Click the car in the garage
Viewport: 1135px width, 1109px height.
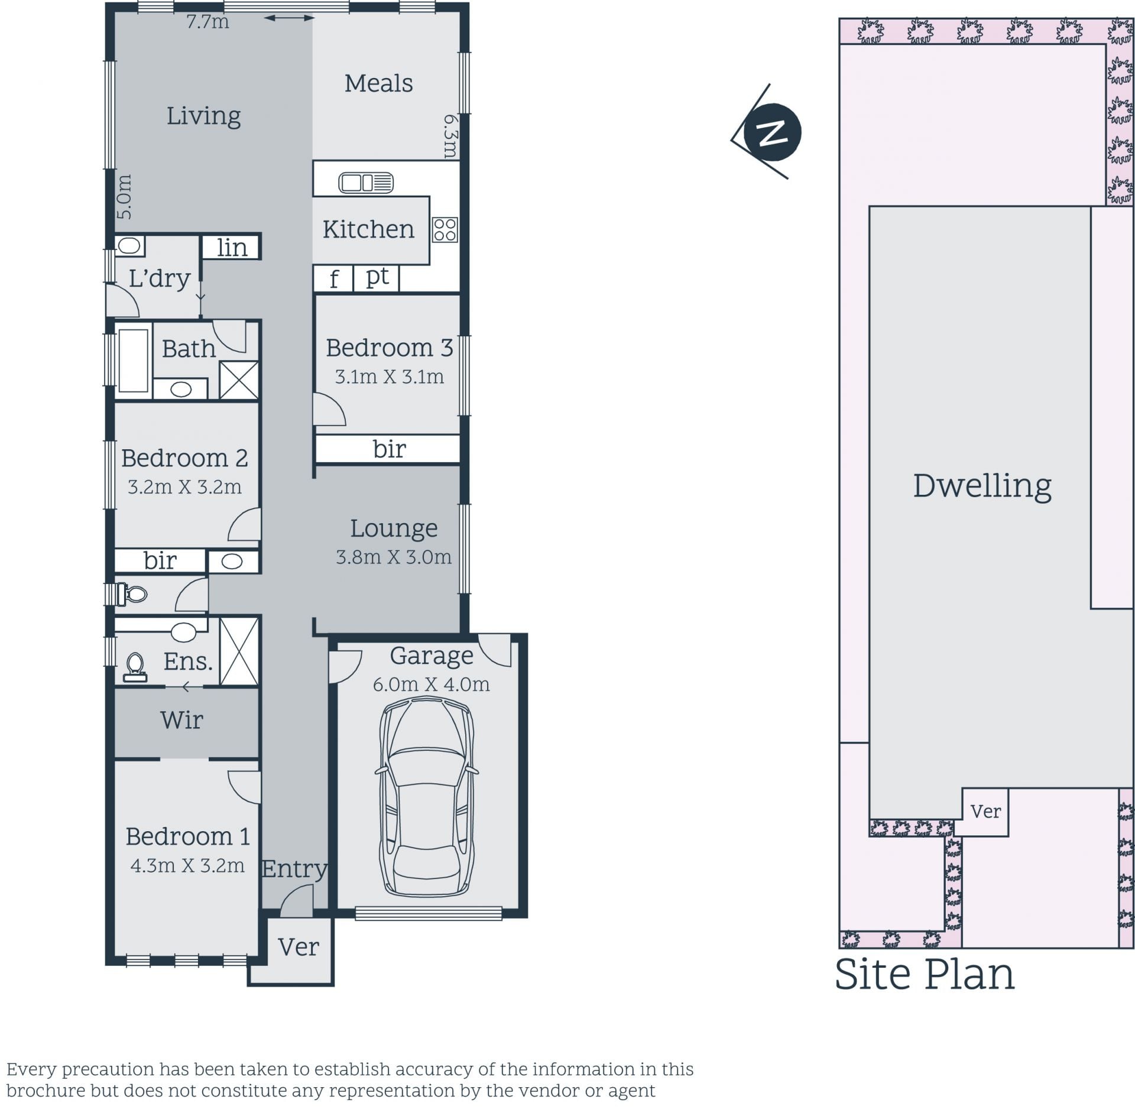point(426,797)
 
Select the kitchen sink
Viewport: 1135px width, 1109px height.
point(366,183)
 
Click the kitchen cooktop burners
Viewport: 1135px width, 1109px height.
point(445,230)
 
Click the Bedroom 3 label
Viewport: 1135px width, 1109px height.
point(390,348)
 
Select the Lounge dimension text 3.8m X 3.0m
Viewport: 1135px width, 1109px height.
point(394,557)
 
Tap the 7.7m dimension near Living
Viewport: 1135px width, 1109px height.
point(207,22)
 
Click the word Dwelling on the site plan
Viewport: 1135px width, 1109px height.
point(982,486)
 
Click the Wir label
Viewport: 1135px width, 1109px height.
point(181,720)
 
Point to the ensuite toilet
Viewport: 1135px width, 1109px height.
point(135,667)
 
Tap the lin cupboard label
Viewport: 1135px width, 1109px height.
point(232,248)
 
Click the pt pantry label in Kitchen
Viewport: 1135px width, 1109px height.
point(377,277)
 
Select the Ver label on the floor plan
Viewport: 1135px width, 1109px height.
point(299,947)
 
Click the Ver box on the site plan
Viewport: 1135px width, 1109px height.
point(985,812)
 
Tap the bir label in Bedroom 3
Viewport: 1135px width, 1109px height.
point(390,449)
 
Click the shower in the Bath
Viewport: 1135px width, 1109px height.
point(239,380)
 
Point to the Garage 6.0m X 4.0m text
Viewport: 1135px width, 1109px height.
point(432,685)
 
